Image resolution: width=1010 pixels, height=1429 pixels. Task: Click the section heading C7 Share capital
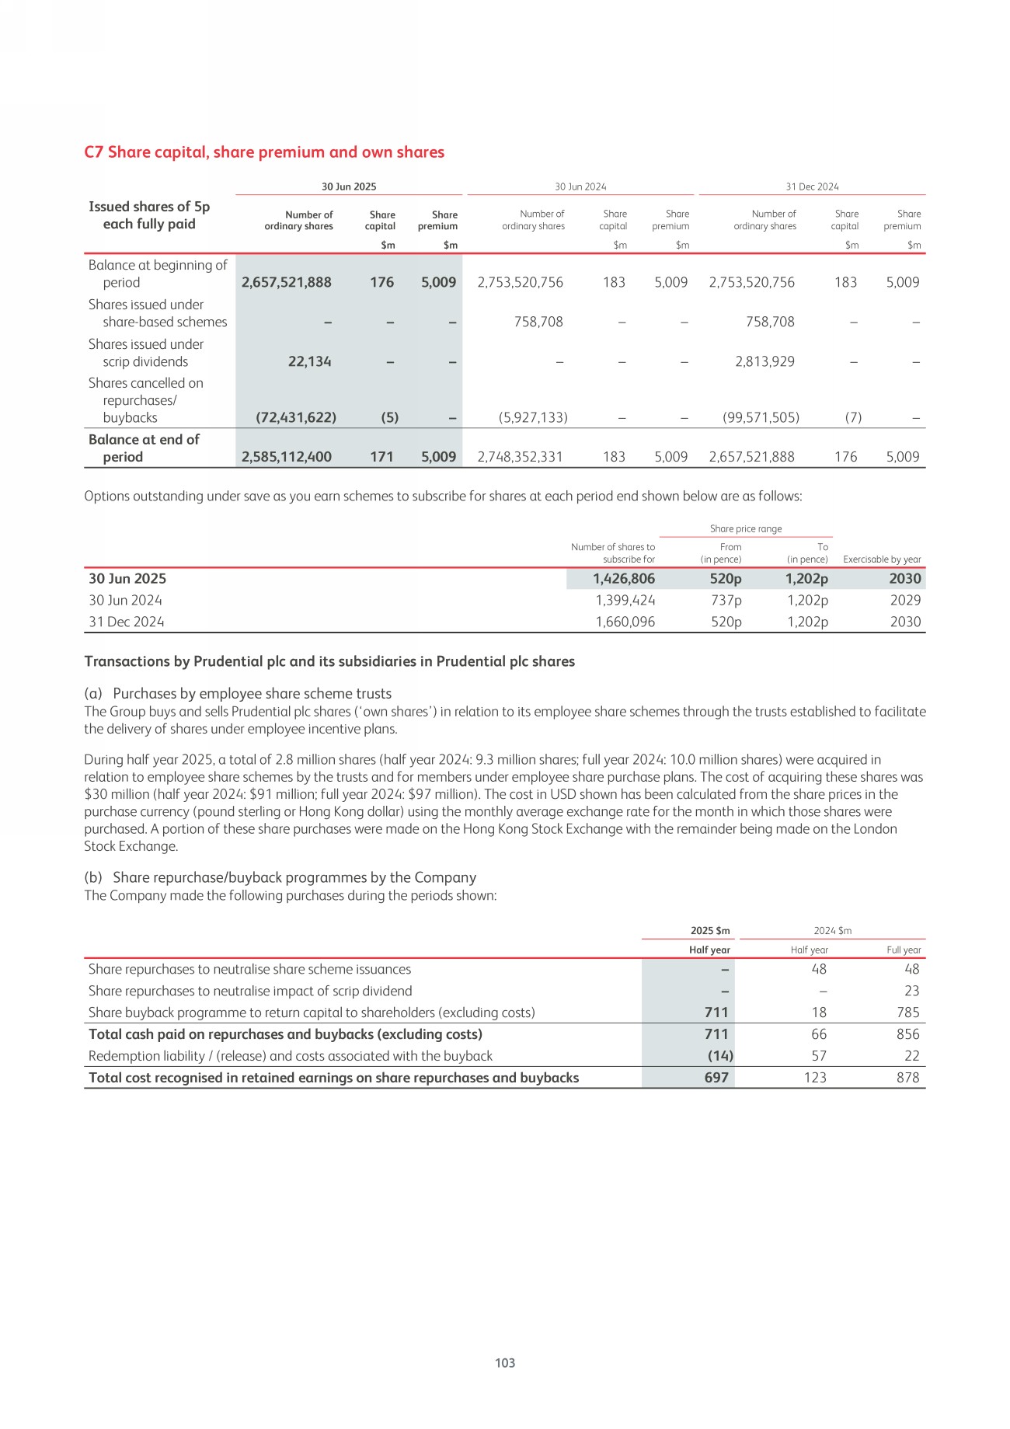point(264,152)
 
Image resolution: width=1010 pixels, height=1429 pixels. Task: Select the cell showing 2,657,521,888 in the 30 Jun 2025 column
point(287,283)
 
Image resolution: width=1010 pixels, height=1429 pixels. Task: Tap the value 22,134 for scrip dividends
point(309,361)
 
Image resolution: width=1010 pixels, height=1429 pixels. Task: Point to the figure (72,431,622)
point(296,418)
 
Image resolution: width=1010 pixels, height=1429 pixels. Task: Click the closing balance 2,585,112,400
point(287,457)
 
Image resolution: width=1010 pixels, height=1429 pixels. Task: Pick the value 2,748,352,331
point(520,457)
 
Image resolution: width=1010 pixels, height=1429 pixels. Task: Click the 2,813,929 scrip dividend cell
point(764,361)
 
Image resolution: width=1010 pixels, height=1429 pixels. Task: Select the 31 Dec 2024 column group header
point(812,186)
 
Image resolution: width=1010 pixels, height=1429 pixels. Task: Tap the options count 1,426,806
point(623,579)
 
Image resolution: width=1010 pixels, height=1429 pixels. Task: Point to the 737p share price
point(726,601)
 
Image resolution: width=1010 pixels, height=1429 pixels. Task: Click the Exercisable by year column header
point(882,559)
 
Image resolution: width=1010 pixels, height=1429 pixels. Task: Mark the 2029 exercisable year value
point(905,601)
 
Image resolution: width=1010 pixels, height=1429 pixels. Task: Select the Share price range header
point(746,529)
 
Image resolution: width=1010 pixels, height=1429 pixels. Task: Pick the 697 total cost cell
point(716,1078)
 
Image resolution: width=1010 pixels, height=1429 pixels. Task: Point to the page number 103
point(505,1363)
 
